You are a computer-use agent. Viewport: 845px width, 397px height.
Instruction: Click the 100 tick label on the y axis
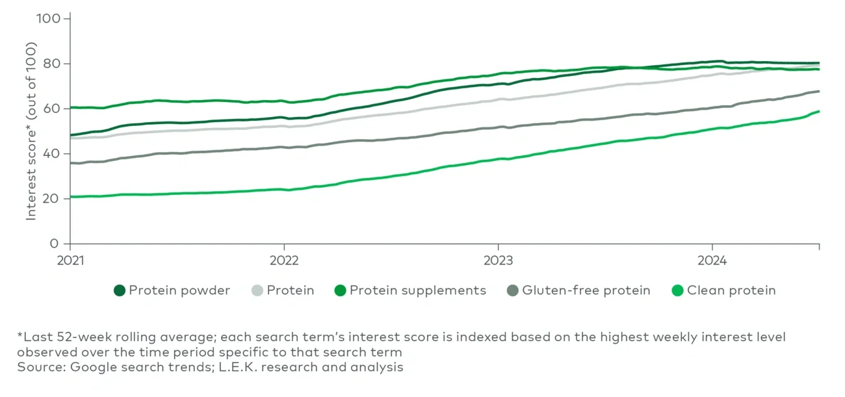click(51, 19)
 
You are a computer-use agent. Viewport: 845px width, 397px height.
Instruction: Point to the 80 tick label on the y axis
click(53, 64)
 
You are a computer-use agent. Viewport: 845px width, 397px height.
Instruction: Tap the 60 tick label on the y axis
click(53, 109)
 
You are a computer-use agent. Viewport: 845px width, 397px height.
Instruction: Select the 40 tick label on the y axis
click(53, 154)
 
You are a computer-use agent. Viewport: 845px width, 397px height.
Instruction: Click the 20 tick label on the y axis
click(53, 199)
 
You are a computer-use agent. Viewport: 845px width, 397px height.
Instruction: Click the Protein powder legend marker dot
click(120, 290)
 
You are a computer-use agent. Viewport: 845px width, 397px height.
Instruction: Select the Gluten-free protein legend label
click(586, 290)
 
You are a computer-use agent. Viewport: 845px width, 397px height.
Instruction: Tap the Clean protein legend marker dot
click(677, 290)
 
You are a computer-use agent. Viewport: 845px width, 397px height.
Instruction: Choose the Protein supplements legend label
click(417, 290)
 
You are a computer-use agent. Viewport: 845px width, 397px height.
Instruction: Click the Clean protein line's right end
click(818, 111)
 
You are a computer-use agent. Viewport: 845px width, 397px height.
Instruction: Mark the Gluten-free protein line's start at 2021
click(71, 163)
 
